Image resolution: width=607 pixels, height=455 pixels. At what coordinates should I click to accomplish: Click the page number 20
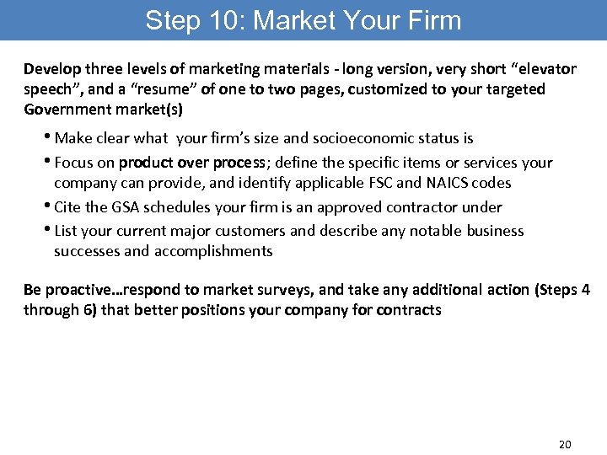565,443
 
